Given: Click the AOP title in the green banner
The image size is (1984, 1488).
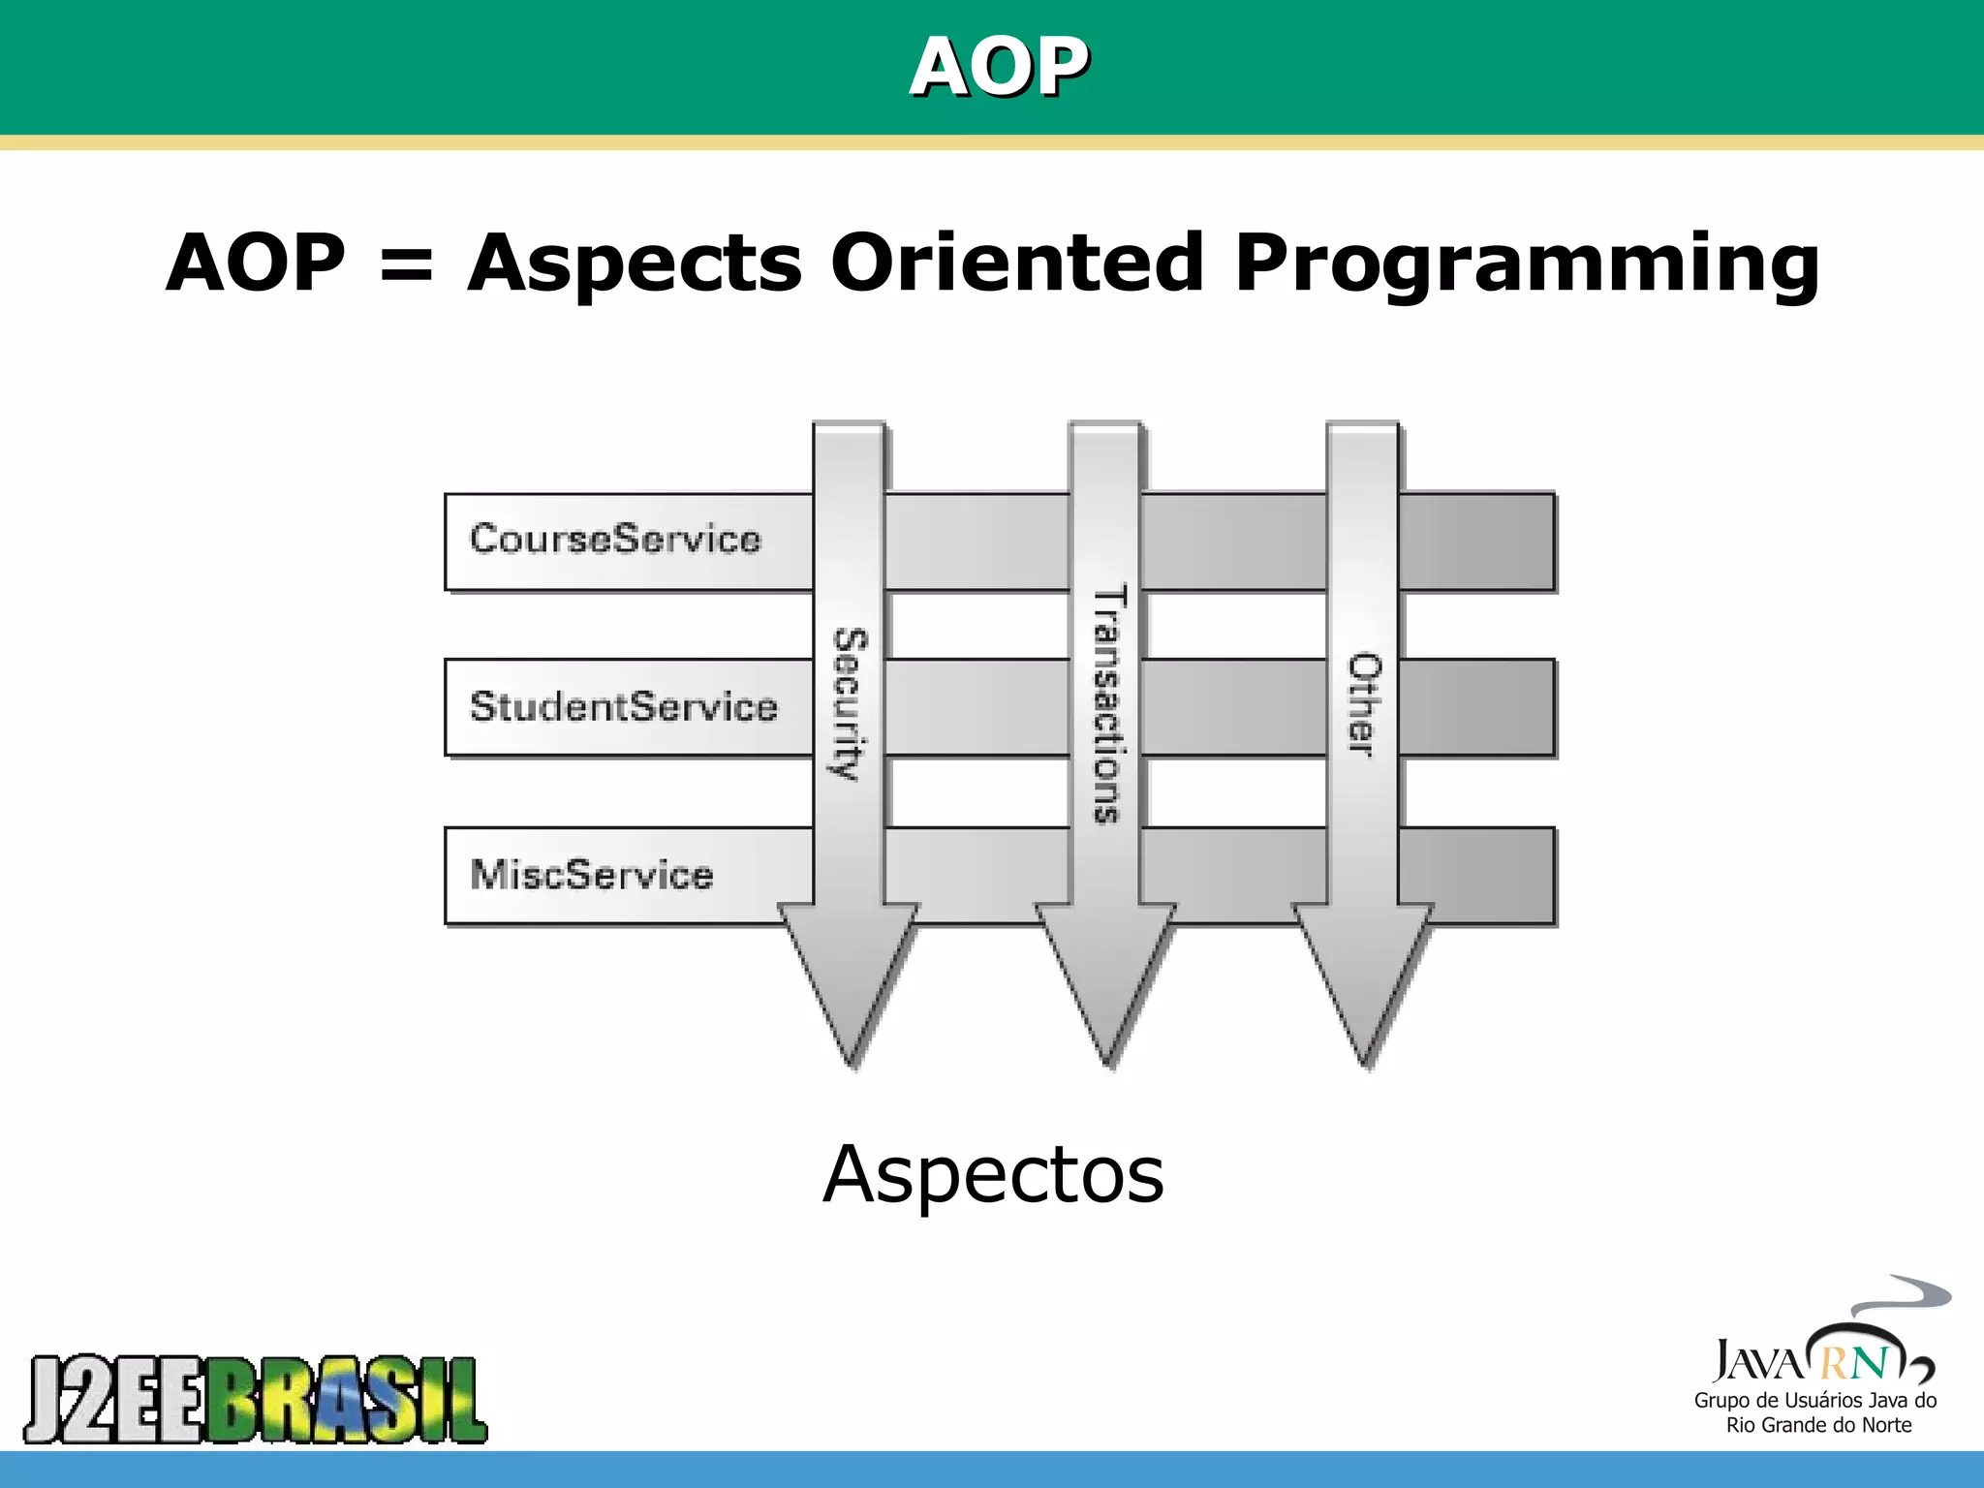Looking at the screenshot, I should click(x=999, y=67).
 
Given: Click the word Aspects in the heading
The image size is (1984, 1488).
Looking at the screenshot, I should click(x=635, y=263).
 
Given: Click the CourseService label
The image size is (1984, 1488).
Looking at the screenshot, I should click(x=615, y=540).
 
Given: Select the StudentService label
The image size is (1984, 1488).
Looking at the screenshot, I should click(x=623, y=706).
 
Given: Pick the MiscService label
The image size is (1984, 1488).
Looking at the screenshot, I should click(x=591, y=875).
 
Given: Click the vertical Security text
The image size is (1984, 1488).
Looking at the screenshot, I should click(x=850, y=703).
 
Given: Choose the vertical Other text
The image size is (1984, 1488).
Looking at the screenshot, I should click(x=1364, y=703).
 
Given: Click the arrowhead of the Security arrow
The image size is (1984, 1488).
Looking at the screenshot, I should click(x=850, y=978).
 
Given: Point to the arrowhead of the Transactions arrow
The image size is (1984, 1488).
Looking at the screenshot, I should click(x=1106, y=978).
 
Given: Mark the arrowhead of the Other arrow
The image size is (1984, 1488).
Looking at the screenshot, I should click(x=1363, y=978).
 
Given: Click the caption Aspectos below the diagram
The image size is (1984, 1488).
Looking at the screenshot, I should click(x=993, y=1175).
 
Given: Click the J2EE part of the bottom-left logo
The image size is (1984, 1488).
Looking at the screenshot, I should click(x=114, y=1399).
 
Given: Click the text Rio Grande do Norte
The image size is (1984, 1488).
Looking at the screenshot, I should click(x=1818, y=1425).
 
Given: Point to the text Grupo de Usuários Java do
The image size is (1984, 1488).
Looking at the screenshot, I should click(x=1814, y=1400).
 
